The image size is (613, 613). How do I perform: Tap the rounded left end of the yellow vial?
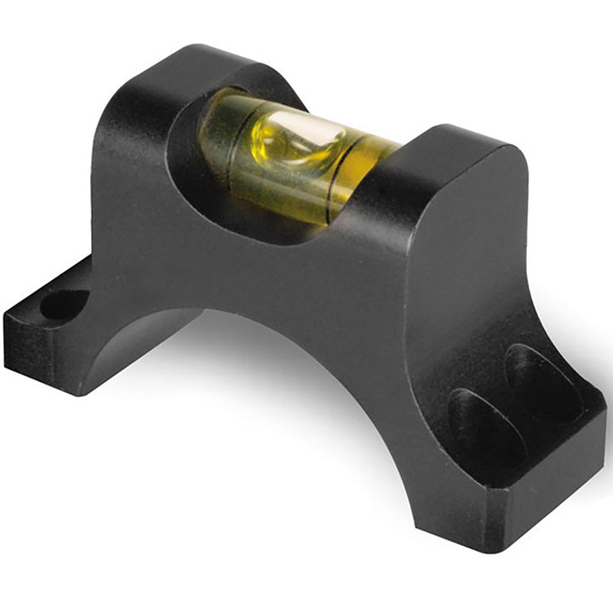pyautogui.click(x=213, y=128)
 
